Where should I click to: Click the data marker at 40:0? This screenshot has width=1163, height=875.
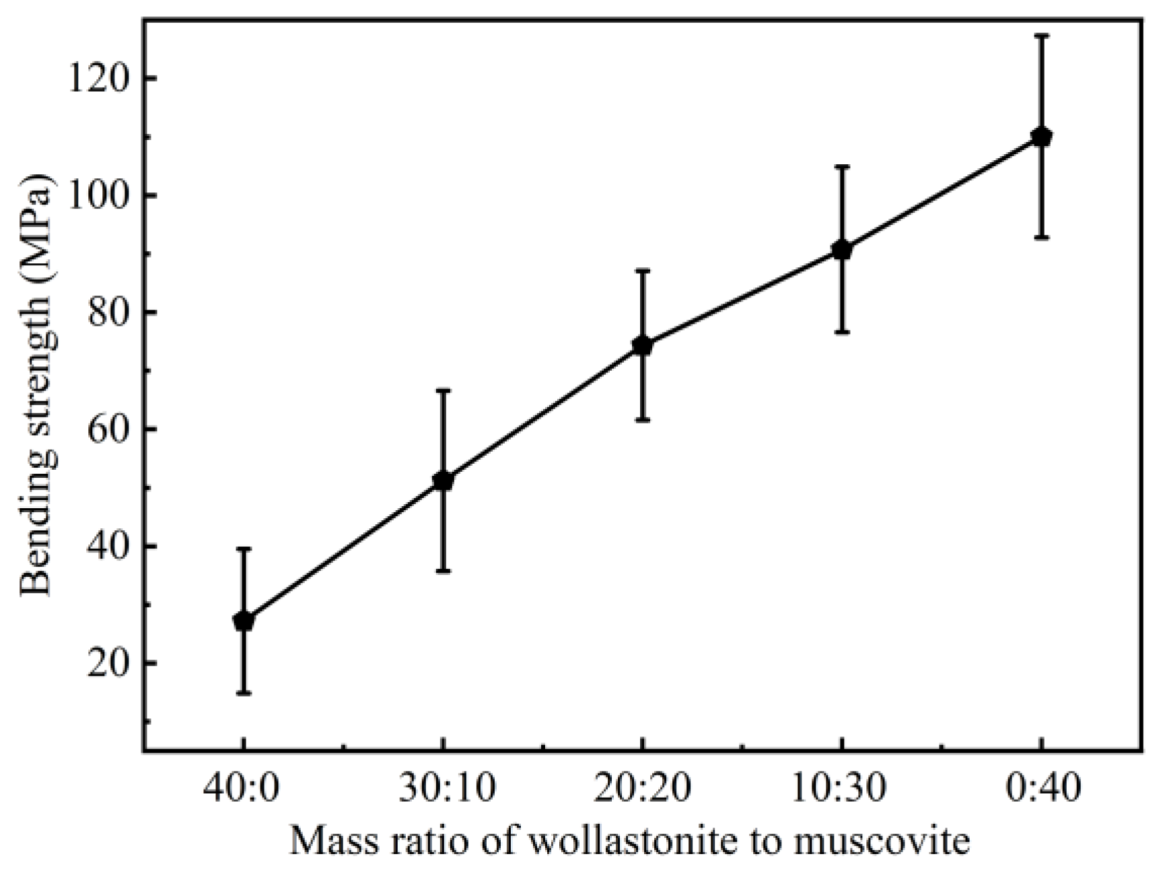(243, 621)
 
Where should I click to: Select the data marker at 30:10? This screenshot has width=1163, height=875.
(442, 481)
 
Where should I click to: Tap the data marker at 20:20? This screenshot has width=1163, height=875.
(642, 345)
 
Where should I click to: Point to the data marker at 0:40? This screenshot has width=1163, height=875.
(1041, 137)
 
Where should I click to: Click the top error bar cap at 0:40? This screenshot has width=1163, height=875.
(1041, 35)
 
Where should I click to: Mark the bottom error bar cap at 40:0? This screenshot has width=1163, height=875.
(243, 693)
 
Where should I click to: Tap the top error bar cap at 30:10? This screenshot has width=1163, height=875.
(442, 390)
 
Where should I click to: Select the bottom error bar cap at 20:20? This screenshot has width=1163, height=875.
(642, 420)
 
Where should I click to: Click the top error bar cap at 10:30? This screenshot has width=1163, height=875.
(841, 166)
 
